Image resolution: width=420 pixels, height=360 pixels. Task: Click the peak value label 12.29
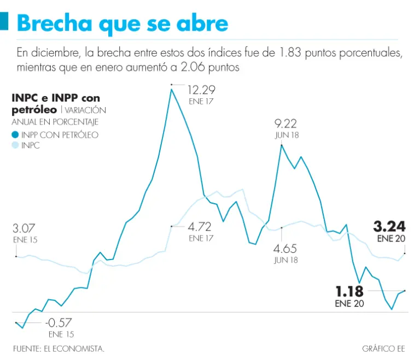(202, 90)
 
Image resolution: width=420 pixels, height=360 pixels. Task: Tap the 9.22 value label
(285, 123)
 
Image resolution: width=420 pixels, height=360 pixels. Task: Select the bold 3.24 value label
(389, 227)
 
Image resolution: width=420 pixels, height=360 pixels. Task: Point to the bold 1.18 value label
(350, 292)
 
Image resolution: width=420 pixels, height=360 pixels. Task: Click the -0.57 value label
(59, 322)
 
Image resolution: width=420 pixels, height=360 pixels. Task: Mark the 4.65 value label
(285, 249)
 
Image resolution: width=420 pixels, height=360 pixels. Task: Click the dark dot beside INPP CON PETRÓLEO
(15, 135)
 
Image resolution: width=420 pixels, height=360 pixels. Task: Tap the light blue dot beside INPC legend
(15, 146)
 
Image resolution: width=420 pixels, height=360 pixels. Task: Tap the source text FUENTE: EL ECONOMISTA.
(59, 348)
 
